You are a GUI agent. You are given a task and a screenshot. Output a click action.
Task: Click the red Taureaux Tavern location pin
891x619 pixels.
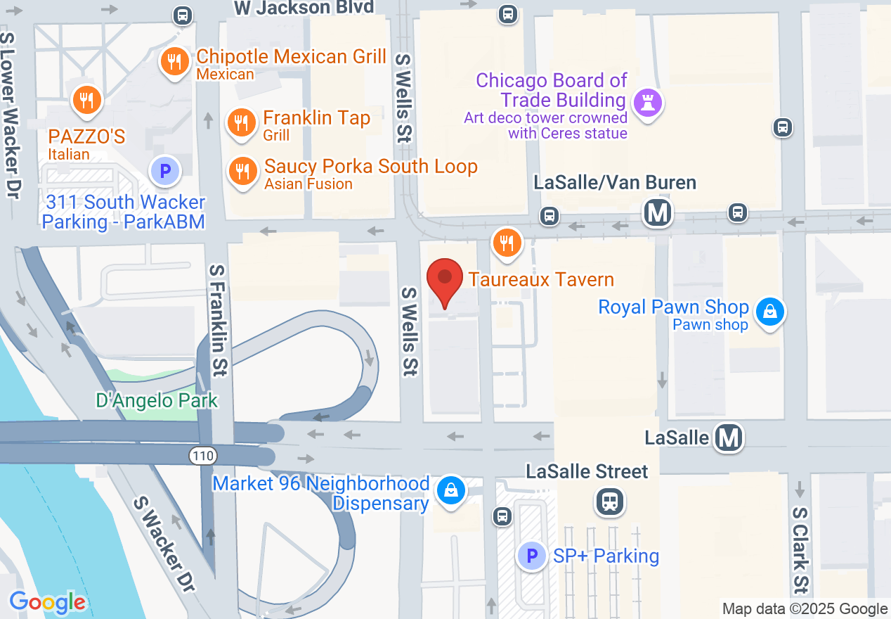point(445,279)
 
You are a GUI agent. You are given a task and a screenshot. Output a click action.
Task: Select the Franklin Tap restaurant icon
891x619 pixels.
point(240,122)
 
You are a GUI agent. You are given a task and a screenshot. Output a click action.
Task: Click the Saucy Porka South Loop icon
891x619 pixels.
point(242,171)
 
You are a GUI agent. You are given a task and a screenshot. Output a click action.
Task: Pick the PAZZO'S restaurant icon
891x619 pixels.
point(86,100)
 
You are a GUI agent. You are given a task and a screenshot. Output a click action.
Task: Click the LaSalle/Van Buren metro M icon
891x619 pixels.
point(658,212)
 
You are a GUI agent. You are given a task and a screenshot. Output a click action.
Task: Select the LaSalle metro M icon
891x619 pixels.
point(729,438)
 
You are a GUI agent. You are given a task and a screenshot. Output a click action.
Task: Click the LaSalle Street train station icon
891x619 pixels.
point(610,502)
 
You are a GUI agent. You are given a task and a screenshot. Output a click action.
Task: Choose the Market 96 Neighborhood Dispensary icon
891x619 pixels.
point(451,490)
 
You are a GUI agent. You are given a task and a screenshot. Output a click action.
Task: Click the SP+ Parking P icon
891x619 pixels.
point(532,556)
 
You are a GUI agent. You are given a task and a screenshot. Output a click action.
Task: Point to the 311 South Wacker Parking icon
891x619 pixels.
point(165,170)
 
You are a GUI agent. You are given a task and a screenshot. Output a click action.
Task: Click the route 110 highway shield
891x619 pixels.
point(202,456)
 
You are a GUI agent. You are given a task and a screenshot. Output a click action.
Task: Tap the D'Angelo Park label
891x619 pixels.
point(157,401)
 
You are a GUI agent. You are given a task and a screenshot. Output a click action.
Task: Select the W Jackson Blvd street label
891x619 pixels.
point(304,8)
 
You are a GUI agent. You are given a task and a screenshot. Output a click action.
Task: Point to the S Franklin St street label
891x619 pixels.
point(219,320)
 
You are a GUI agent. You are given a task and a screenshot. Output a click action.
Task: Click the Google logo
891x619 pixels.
point(48,602)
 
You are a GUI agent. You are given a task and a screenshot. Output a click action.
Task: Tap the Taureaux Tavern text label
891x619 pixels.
point(541,279)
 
